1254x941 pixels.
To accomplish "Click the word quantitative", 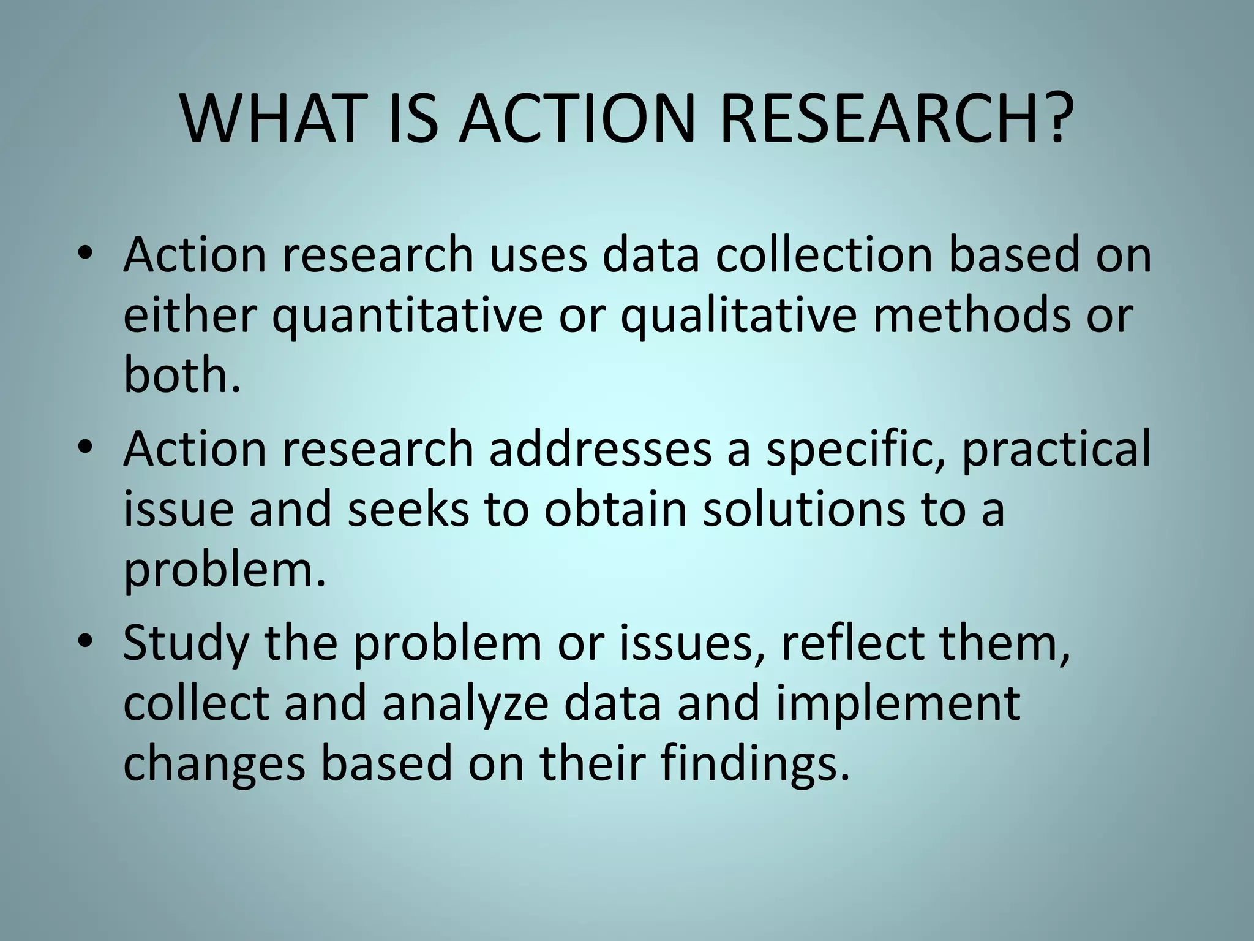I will [407, 317].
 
